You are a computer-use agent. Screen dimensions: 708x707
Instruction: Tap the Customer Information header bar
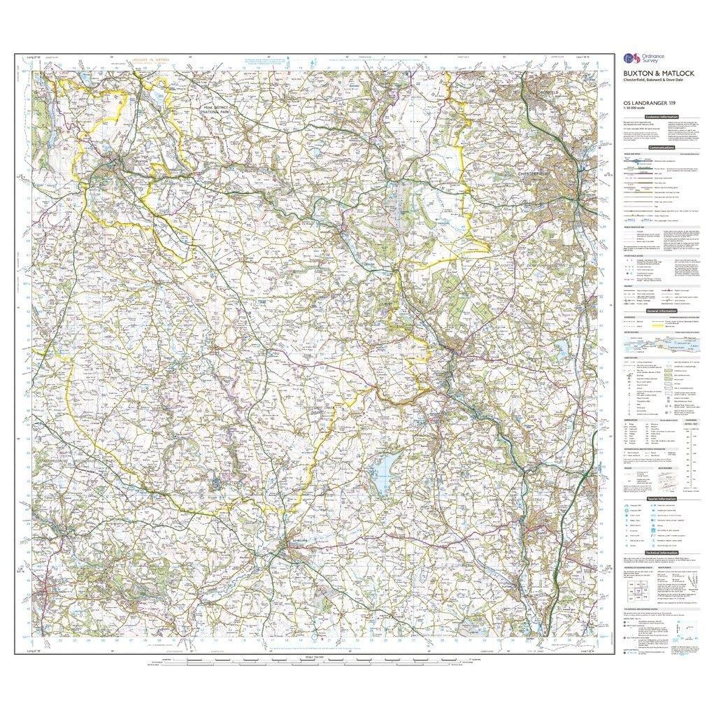(x=661, y=117)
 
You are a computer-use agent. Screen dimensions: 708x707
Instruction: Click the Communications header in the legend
(x=661, y=148)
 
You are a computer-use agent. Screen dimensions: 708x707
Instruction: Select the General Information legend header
(x=661, y=311)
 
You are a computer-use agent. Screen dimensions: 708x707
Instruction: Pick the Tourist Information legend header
(x=661, y=499)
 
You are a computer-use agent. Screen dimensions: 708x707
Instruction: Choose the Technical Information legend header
(x=661, y=552)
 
